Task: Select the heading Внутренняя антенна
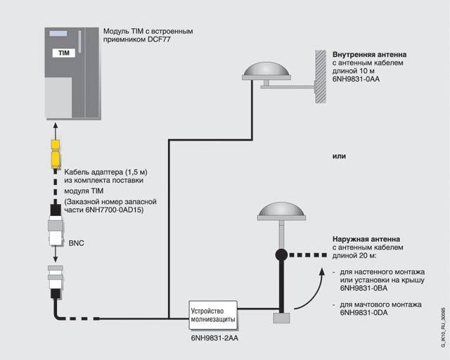(x=369, y=54)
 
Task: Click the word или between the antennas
(x=339, y=156)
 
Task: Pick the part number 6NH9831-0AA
(x=359, y=79)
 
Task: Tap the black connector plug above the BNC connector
(x=54, y=210)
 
